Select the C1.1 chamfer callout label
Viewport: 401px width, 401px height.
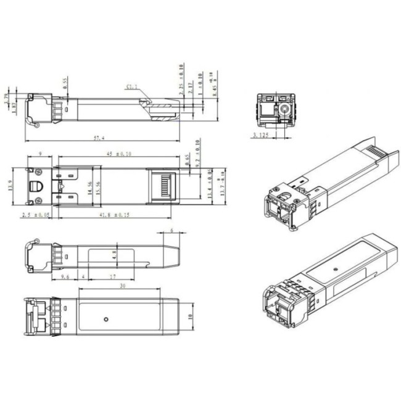[x=131, y=86]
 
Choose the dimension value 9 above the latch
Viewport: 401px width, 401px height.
[x=39, y=154]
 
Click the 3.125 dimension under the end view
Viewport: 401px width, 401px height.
[x=262, y=134]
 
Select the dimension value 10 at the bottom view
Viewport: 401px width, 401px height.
[x=191, y=317]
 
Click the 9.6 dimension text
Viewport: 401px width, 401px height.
[x=65, y=277]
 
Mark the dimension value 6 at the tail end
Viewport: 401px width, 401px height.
[x=171, y=230]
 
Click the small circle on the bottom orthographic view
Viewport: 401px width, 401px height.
[x=106, y=319]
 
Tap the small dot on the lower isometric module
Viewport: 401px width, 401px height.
[x=333, y=270]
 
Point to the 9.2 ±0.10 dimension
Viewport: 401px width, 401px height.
[x=198, y=152]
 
